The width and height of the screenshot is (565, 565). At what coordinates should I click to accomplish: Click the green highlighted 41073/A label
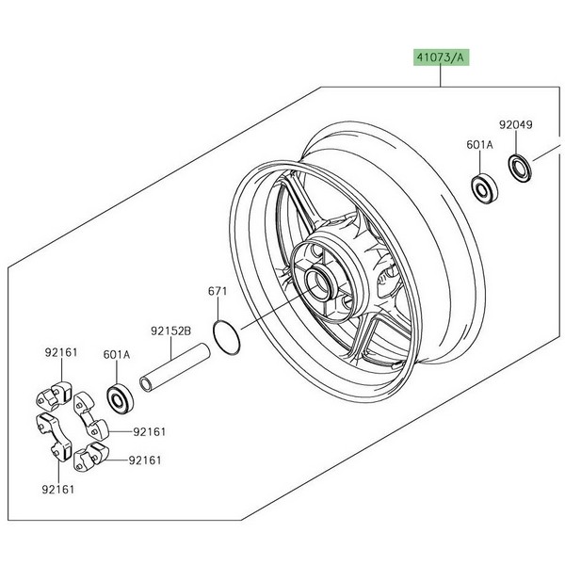pyautogui.click(x=441, y=56)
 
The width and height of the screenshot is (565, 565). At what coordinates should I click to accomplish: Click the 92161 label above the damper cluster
pyautogui.click(x=61, y=352)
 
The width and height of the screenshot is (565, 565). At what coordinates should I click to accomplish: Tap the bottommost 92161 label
pyautogui.click(x=61, y=490)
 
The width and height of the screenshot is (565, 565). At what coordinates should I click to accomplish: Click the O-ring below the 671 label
pyautogui.click(x=224, y=337)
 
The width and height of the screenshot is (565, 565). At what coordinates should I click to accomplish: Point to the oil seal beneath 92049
pyautogui.click(x=519, y=168)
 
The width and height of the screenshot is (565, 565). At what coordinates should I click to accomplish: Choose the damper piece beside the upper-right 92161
pyautogui.click(x=95, y=429)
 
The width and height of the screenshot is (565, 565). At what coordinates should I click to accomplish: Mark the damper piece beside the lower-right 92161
pyautogui.click(x=91, y=458)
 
